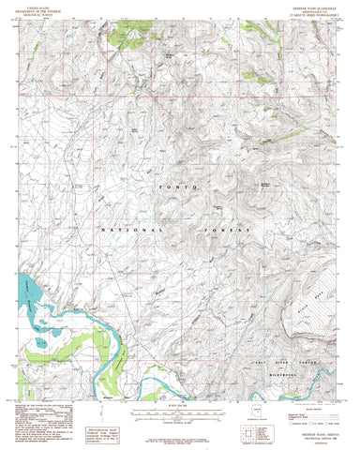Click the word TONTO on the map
click(177, 189)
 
